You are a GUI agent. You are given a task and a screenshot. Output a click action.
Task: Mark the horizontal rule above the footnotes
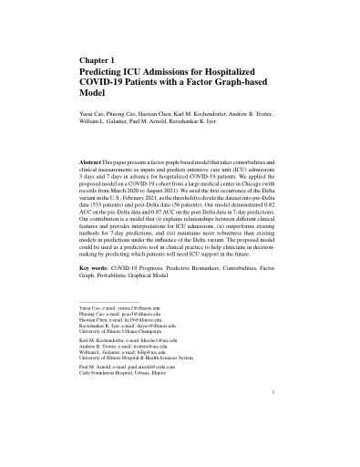(104, 302)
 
